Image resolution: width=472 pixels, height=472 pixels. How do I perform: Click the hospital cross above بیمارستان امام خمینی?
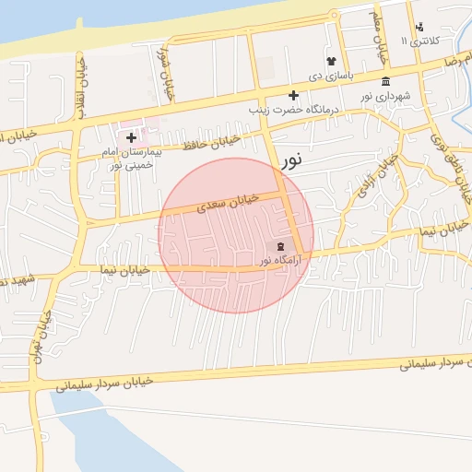[132, 137]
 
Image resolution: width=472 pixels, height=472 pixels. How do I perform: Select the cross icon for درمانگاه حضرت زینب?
[293, 95]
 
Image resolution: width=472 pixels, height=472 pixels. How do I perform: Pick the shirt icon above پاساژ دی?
[331, 61]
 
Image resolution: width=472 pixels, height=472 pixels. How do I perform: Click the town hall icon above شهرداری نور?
[384, 81]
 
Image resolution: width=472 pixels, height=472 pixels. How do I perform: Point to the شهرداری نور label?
[385, 95]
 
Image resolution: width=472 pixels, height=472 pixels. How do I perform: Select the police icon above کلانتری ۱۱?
[420, 27]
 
